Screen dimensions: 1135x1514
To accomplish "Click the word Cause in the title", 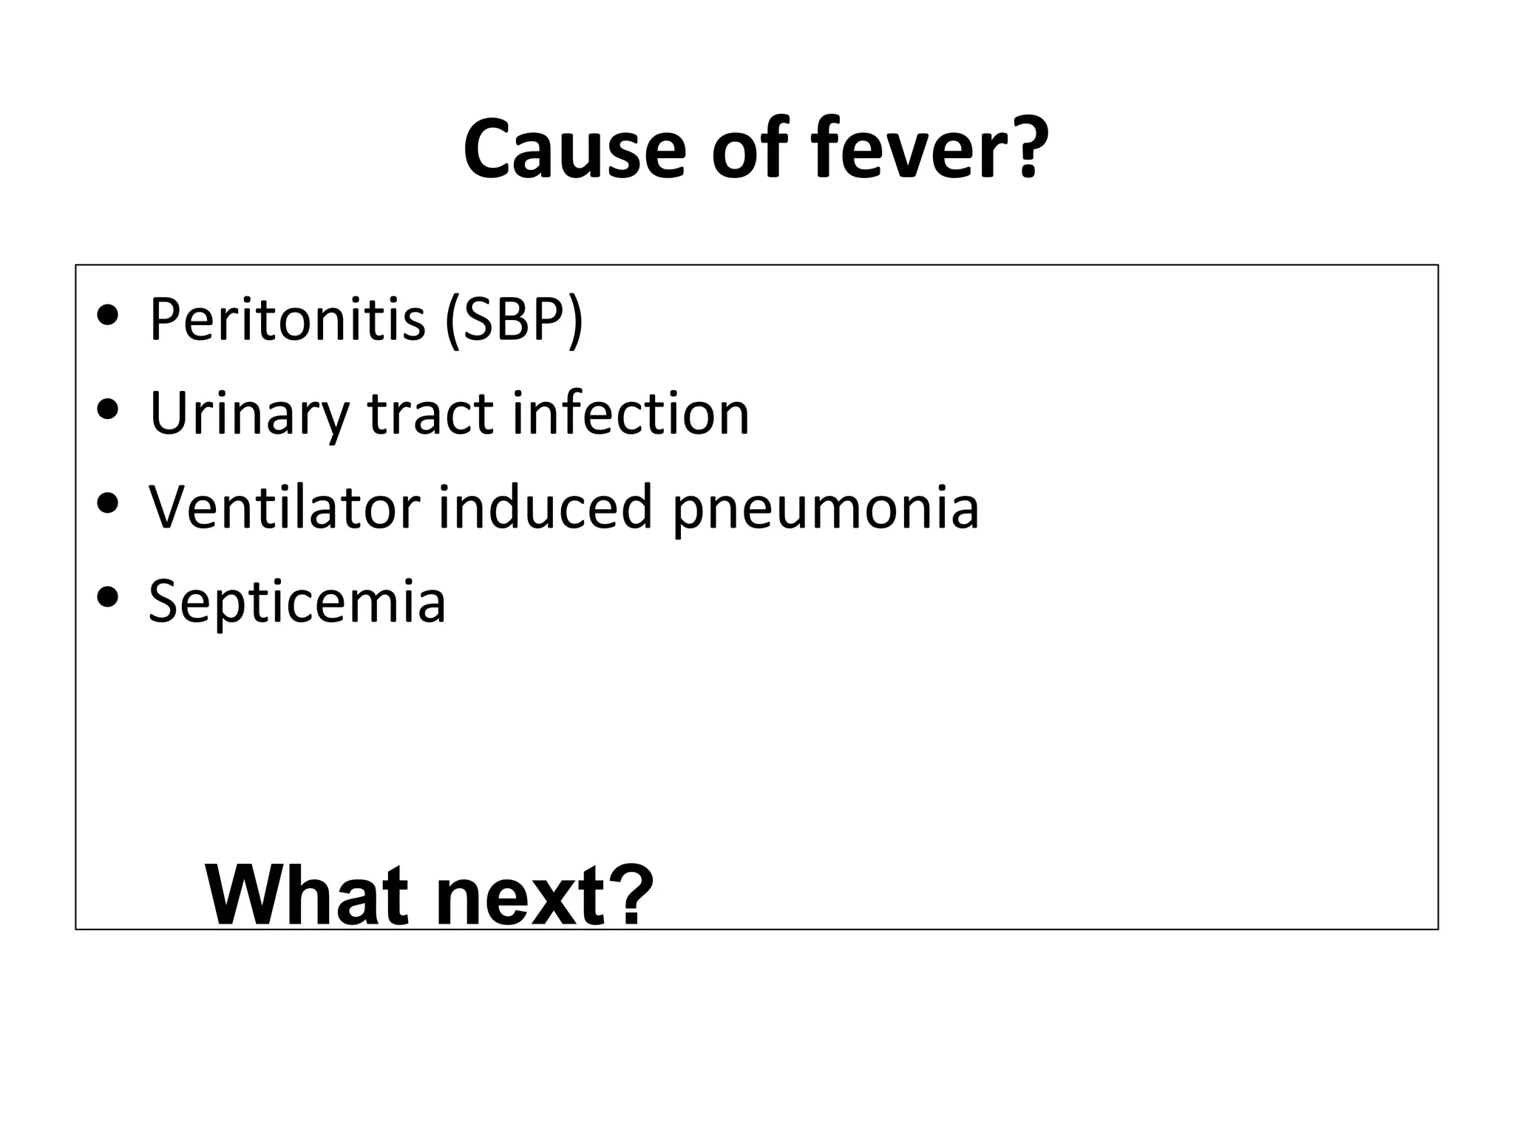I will pyautogui.click(x=574, y=149).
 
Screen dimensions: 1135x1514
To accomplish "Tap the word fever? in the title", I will pyautogui.click(x=929, y=149).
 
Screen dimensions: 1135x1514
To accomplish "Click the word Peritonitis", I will pyautogui.click(x=287, y=319).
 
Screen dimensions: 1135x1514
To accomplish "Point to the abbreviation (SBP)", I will pyautogui.click(x=514, y=319).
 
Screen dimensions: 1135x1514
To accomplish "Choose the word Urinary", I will pyautogui.click(x=248, y=413).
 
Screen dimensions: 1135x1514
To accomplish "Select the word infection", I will pyautogui.click(x=631, y=413).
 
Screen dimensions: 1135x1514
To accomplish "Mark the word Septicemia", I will pyautogui.click(x=297, y=601).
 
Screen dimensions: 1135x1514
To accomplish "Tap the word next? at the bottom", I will pyautogui.click(x=543, y=897).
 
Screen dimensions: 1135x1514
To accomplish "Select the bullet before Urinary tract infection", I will pyautogui.click(x=108, y=409).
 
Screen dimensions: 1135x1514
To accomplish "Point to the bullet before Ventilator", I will pyautogui.click(x=108, y=503).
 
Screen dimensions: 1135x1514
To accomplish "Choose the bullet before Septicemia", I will pyautogui.click(x=108, y=596).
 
